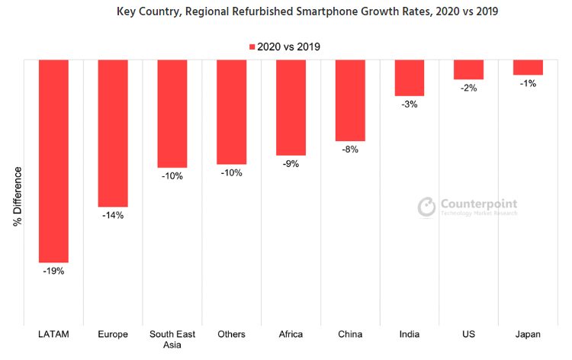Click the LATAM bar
tap(53, 160)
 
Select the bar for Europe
tap(113, 133)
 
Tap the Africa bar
tap(291, 108)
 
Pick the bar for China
tap(350, 100)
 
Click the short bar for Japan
tap(528, 67)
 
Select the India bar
tap(410, 78)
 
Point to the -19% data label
tap(53, 271)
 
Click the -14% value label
tap(113, 215)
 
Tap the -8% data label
tap(350, 149)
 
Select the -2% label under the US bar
tap(468, 88)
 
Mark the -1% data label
tap(528, 83)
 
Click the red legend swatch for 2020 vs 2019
tap(252, 47)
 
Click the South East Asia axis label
tap(172, 339)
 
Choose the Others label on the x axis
tap(231, 334)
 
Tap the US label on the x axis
tap(468, 334)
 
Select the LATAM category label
tap(53, 334)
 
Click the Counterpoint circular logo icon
tap(426, 207)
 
